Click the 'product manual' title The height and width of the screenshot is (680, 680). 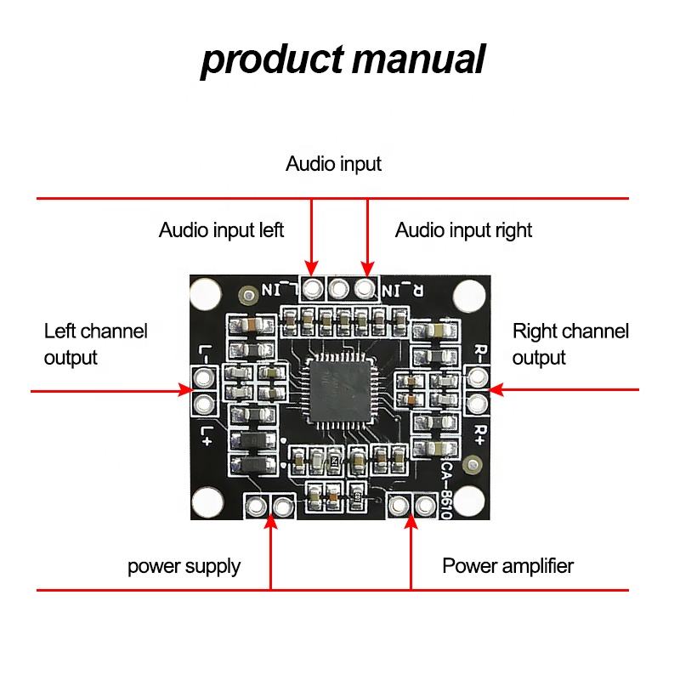[x=343, y=60]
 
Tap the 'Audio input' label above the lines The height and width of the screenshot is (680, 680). [x=333, y=163]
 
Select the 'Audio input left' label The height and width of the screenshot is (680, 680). [x=221, y=229]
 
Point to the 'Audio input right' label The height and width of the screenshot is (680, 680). [x=463, y=229]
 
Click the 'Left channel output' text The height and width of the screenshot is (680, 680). [x=95, y=343]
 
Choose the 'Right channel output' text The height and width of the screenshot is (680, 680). [x=570, y=343]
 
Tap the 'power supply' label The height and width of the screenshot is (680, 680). [x=184, y=566]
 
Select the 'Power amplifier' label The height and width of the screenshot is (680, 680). [x=507, y=565]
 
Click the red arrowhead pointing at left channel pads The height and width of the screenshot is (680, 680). [x=185, y=390]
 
